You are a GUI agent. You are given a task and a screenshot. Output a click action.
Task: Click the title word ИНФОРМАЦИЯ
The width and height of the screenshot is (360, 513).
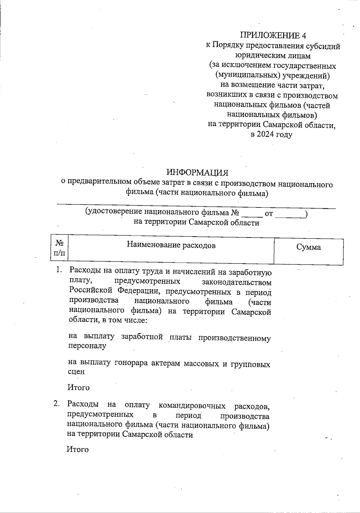(197, 173)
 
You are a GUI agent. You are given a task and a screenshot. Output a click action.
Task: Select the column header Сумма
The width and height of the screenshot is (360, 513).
(308, 247)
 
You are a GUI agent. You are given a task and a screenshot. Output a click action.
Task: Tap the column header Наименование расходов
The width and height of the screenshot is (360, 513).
(171, 245)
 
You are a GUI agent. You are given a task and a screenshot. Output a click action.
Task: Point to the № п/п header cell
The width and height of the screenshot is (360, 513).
(59, 248)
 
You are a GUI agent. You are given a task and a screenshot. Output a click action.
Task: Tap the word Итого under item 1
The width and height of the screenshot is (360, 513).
(79, 388)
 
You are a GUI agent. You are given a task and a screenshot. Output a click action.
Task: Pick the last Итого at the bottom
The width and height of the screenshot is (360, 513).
(78, 449)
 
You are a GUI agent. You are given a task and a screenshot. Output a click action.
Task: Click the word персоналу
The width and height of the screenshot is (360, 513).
(87, 346)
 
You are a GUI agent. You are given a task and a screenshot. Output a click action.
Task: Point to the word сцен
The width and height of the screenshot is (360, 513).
(76, 372)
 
